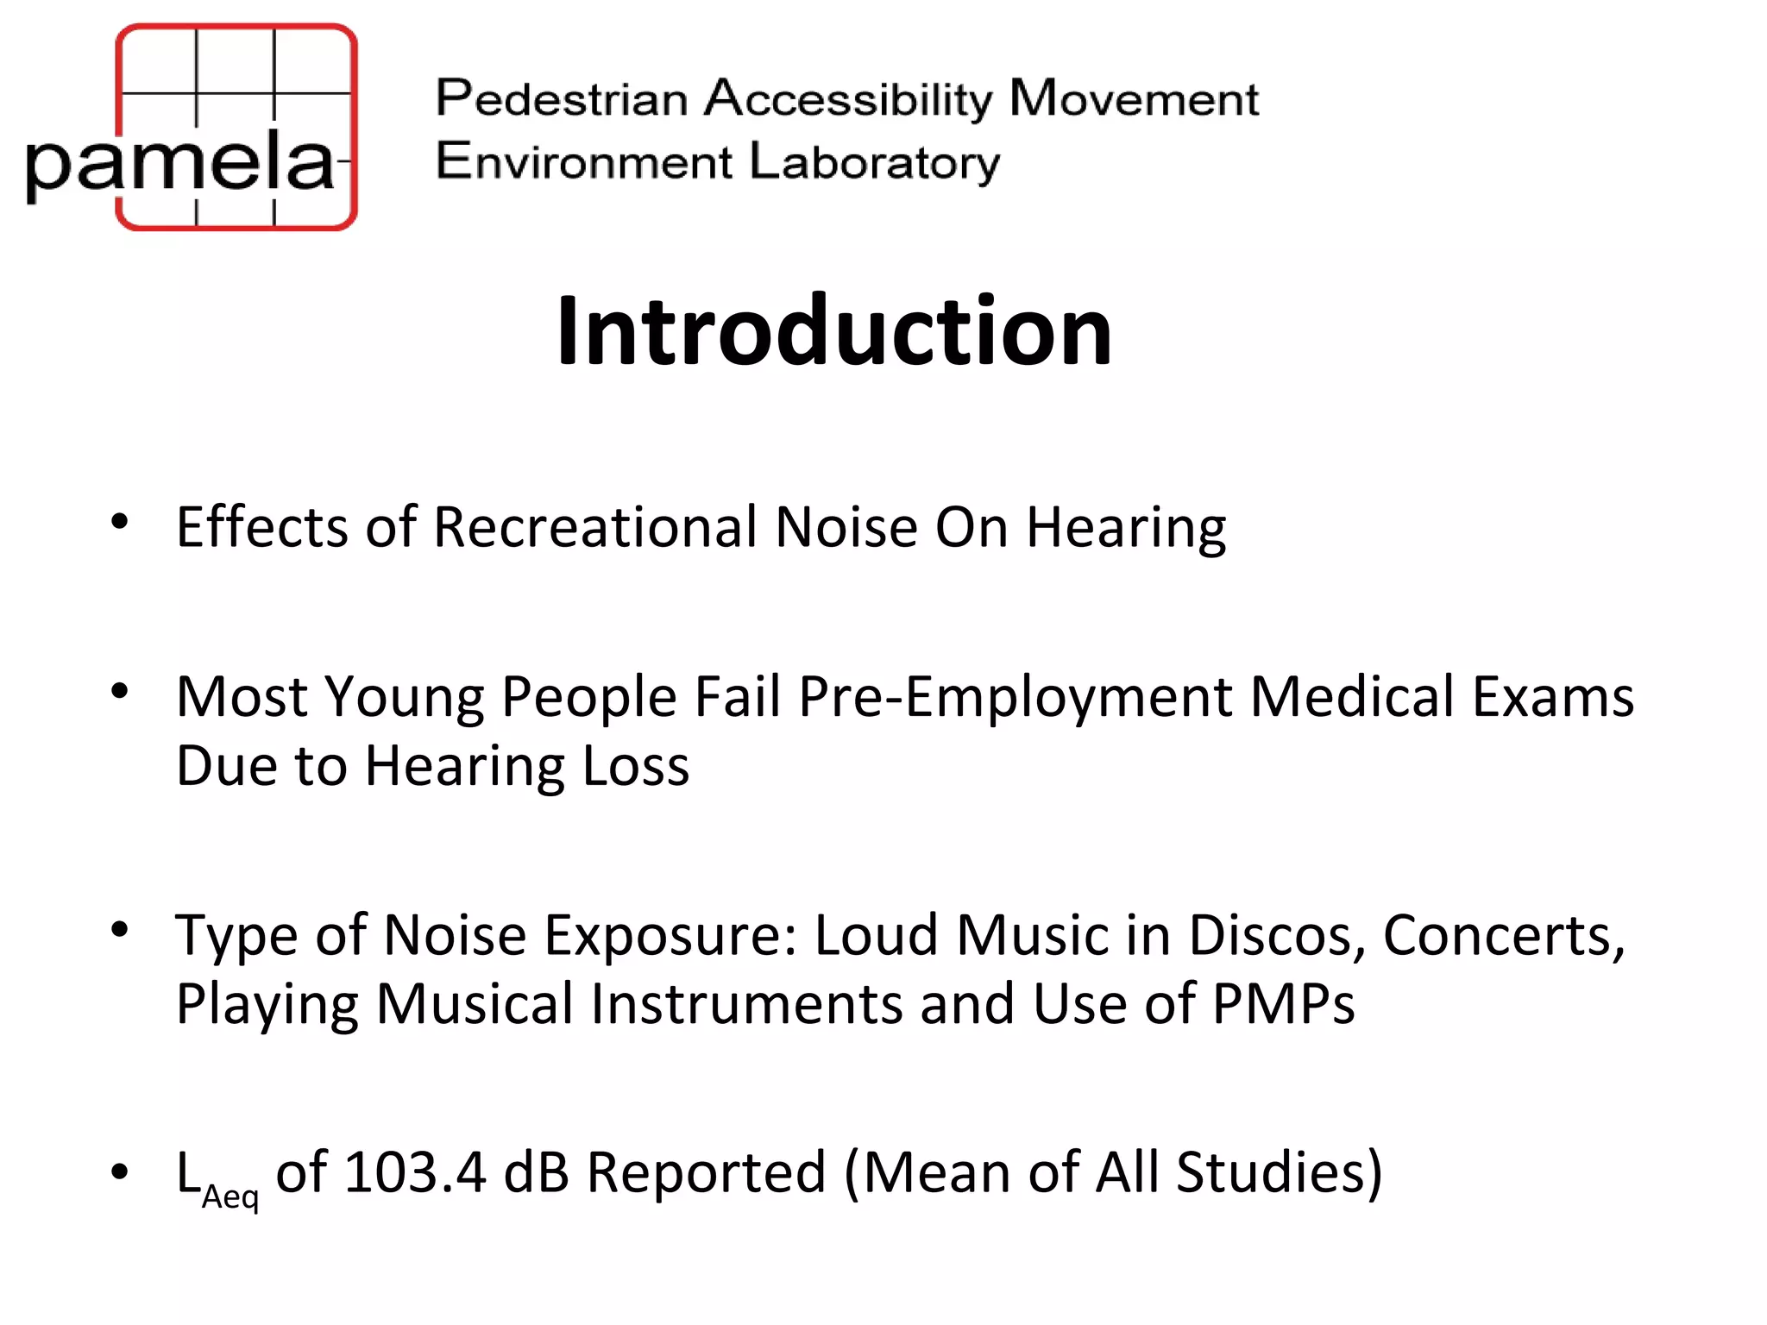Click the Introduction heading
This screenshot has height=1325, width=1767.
[x=833, y=331]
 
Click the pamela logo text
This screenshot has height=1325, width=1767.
[x=179, y=162]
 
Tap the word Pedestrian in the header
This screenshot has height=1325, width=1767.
[x=561, y=98]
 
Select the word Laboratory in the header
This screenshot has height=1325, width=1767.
[x=874, y=162]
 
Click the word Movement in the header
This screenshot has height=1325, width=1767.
[x=1134, y=98]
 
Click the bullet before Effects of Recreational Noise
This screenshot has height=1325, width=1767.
[x=120, y=521]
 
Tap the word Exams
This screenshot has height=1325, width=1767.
[x=1552, y=697]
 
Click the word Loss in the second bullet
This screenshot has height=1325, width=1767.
[x=636, y=766]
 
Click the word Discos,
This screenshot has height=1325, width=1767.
[x=1277, y=935]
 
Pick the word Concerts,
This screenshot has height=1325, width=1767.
[x=1504, y=935]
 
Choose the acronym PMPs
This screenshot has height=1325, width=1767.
[x=1283, y=1004]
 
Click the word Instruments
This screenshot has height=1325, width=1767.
[x=746, y=1004]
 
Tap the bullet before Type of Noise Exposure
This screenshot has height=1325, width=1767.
[x=120, y=929]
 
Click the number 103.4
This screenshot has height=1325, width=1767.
[x=415, y=1172]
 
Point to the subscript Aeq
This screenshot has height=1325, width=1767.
[x=230, y=1197]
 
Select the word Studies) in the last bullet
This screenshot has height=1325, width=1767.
[x=1279, y=1172]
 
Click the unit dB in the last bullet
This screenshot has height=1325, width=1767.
[x=536, y=1172]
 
